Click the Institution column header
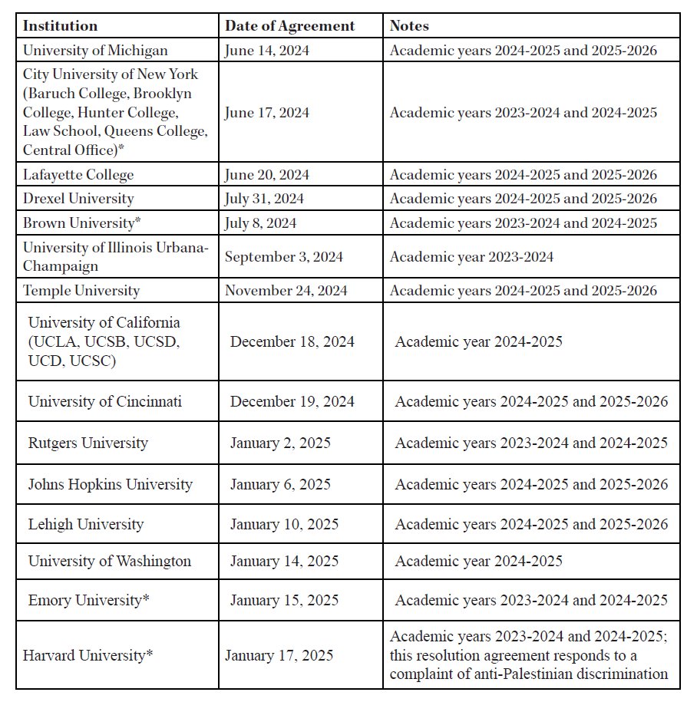click(60, 26)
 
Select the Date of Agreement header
click(289, 26)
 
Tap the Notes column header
click(409, 26)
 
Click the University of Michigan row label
click(95, 51)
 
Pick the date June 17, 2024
click(266, 113)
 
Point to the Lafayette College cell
click(78, 175)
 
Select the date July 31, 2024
click(264, 199)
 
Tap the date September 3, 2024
click(283, 256)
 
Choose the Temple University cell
click(81, 291)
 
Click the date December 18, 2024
click(292, 341)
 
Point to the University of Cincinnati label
click(105, 401)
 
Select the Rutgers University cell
click(88, 443)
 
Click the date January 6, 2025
click(280, 484)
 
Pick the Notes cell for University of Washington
click(478, 561)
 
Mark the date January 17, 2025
click(279, 656)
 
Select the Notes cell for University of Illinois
click(471, 256)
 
